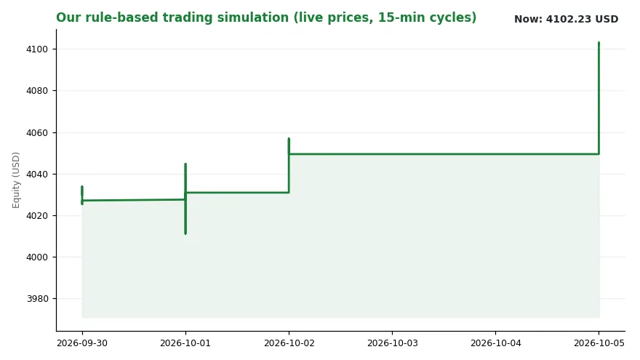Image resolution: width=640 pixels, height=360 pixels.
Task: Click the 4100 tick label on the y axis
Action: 37,49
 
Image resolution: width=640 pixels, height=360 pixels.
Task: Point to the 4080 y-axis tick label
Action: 37,91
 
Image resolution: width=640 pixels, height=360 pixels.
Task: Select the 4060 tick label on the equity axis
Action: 37,132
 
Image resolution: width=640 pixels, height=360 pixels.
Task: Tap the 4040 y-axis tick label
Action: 37,175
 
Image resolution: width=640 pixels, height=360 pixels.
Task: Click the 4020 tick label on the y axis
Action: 37,215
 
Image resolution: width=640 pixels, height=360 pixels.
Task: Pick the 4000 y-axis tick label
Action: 37,257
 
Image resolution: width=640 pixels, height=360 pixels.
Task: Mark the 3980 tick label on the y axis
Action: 37,299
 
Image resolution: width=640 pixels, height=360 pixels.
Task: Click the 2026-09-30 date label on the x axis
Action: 82,343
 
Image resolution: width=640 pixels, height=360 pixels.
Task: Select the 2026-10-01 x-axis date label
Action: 185,343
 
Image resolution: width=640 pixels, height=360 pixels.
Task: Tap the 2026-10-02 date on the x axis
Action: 289,343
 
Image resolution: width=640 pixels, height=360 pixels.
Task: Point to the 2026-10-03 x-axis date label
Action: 392,343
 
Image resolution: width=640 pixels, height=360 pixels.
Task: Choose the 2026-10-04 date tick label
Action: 495,343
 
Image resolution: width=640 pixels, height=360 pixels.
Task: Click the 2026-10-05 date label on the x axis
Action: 599,343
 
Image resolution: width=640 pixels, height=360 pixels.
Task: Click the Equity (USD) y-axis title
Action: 16,180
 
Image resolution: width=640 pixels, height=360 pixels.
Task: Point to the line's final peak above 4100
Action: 599,42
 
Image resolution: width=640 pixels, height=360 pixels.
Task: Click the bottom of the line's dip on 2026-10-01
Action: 185,233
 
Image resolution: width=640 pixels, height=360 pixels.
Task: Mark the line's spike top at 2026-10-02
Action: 289,139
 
